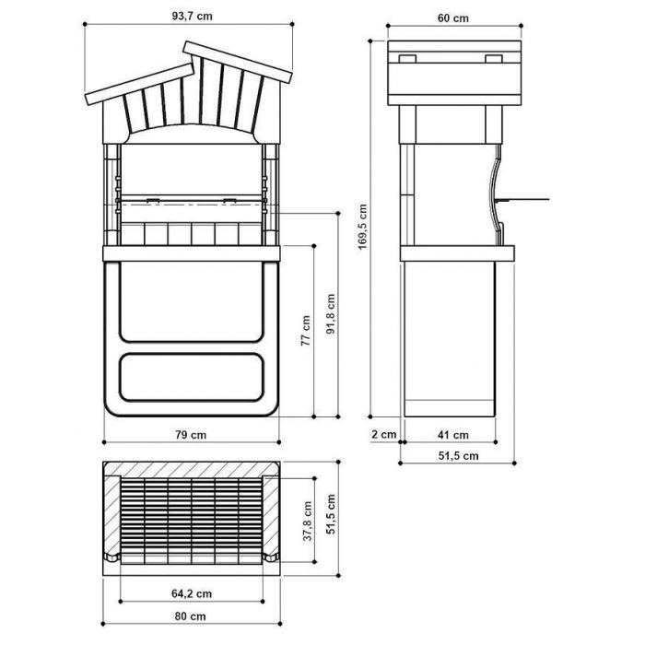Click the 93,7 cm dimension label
pyautogui.click(x=192, y=16)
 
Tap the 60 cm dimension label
pyautogui.click(x=453, y=18)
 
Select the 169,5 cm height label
pyautogui.click(x=362, y=227)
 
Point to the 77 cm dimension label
pyautogui.click(x=305, y=330)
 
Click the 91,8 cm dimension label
pyautogui.click(x=331, y=313)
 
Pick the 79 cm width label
pyautogui.click(x=191, y=435)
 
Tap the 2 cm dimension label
pyautogui.click(x=384, y=434)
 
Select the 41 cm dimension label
pyautogui.click(x=453, y=435)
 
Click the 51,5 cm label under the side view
pyautogui.click(x=458, y=456)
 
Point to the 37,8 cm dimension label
pyautogui.click(x=308, y=521)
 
